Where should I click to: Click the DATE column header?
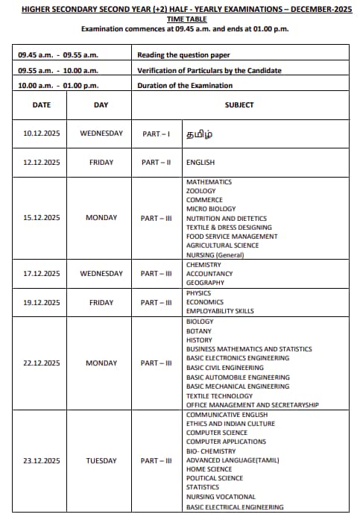(42, 105)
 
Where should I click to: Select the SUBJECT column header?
(239, 105)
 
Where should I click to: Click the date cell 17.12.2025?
(42, 274)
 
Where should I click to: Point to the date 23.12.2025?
(42, 461)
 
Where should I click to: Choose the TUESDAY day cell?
(101, 461)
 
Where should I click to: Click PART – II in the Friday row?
(157, 162)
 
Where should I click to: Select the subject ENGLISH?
(200, 162)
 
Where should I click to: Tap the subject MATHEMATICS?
(209, 182)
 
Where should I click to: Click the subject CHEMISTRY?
(203, 265)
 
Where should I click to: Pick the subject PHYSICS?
(199, 293)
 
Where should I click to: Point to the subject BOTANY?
(199, 331)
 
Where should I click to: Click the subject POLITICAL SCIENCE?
(215, 478)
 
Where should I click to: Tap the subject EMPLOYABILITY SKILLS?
(220, 311)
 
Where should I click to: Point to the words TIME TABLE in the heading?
(180, 19)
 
